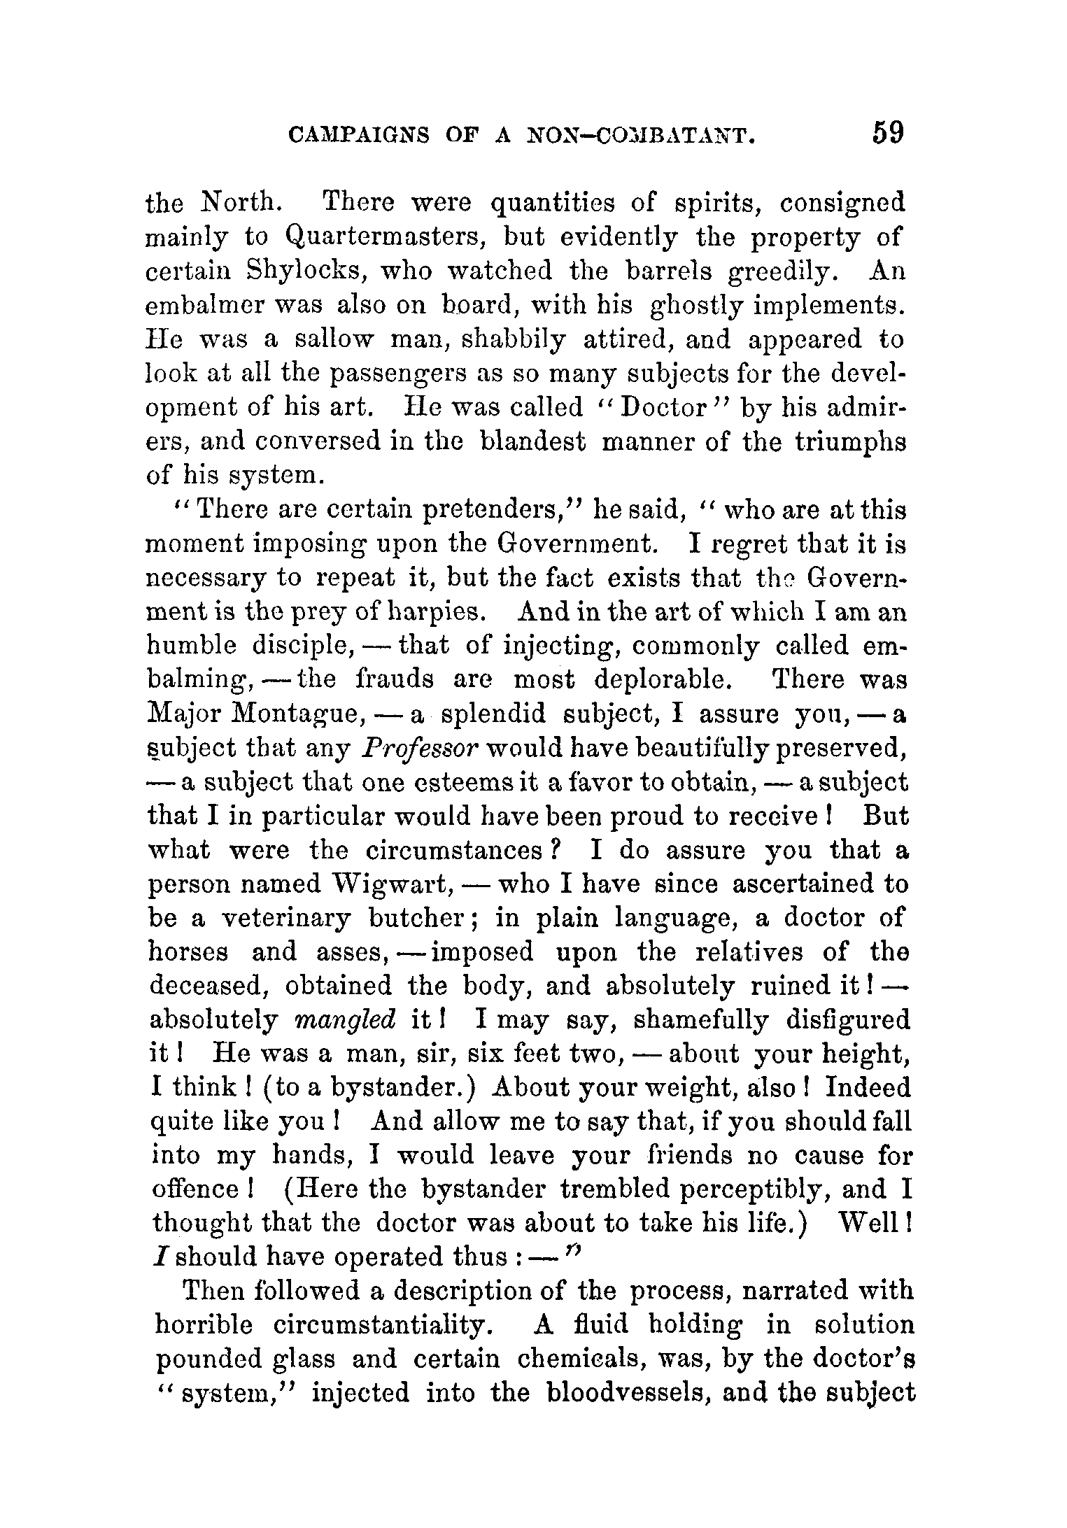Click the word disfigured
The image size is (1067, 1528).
(x=847, y=1020)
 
